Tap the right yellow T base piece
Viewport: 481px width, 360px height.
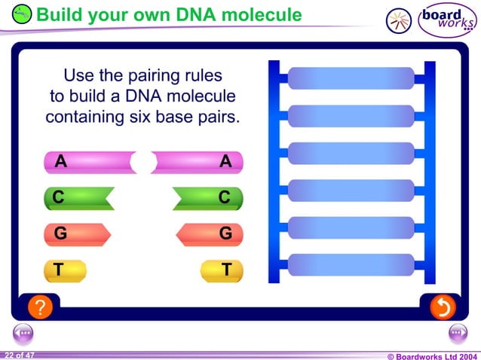pos(222,270)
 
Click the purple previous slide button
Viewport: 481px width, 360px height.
pos(23,333)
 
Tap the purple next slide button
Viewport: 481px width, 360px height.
pos(458,333)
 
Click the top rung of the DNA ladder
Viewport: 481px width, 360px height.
pos(351,78)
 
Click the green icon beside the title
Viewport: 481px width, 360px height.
pos(23,14)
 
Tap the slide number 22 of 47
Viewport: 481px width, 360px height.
pos(18,354)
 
